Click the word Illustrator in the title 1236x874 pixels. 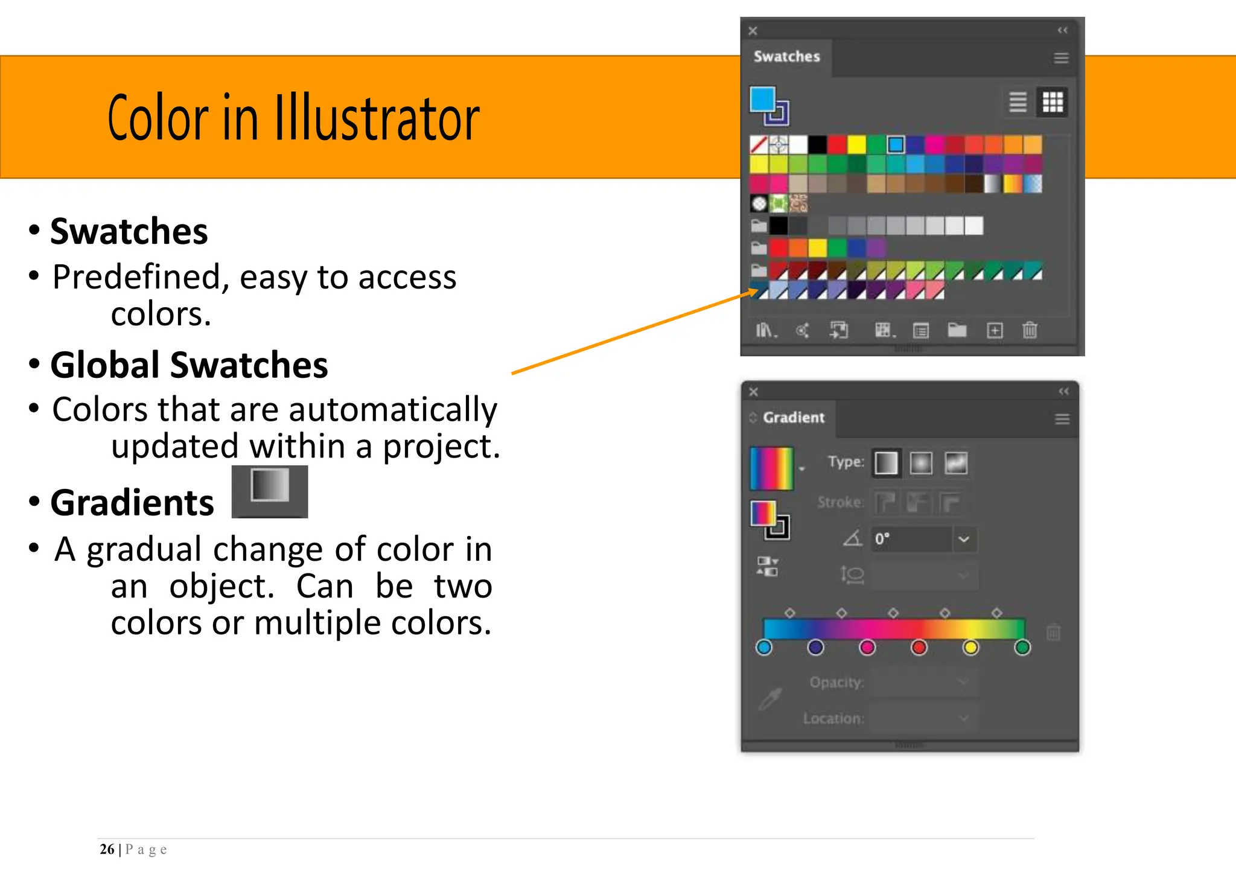(377, 118)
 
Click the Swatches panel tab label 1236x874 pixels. (786, 57)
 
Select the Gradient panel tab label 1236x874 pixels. (793, 418)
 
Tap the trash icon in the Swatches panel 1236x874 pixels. (1030, 330)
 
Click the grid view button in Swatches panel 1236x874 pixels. (1053, 102)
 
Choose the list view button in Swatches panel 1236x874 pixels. (1018, 102)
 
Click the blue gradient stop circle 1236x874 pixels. (764, 648)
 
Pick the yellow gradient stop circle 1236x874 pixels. (970, 648)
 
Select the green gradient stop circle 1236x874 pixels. (1022, 648)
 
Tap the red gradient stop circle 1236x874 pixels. (919, 648)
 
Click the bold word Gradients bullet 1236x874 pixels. (132, 503)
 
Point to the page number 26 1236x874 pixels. (107, 849)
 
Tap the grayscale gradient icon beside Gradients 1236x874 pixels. (270, 491)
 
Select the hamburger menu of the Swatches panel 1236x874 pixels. (1061, 58)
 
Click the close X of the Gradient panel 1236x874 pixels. (753, 392)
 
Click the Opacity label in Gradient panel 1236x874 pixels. (836, 683)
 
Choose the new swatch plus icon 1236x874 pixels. (995, 330)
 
